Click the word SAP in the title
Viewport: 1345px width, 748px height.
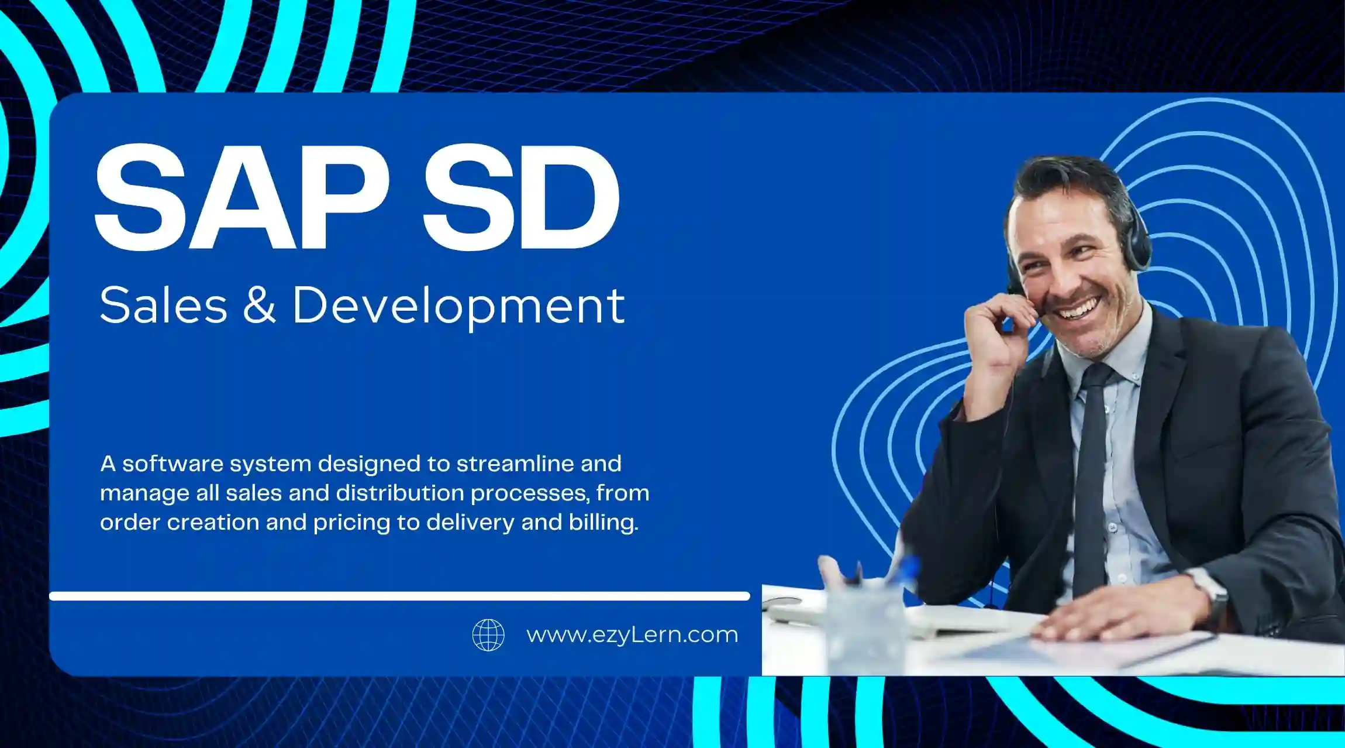point(242,197)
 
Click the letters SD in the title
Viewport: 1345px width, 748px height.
point(521,197)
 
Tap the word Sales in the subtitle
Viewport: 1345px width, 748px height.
point(163,305)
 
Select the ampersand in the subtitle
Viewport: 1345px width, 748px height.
point(259,305)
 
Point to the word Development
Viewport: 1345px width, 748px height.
point(458,307)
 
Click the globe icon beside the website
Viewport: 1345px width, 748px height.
point(488,635)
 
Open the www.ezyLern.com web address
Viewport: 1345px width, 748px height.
point(632,635)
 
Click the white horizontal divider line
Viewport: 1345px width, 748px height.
point(399,596)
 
